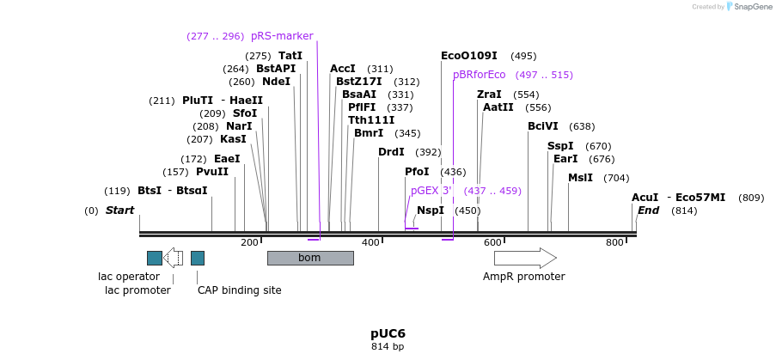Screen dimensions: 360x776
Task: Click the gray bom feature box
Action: click(x=309, y=258)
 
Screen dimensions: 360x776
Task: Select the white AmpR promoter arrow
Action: click(x=525, y=258)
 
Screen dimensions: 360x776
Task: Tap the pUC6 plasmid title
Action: click(x=388, y=333)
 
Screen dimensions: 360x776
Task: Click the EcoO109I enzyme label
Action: click(x=468, y=55)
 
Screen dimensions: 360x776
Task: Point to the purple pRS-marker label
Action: click(x=282, y=36)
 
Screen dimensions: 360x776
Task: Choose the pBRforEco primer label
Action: click(x=479, y=75)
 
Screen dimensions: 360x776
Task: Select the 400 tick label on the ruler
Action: click(x=370, y=243)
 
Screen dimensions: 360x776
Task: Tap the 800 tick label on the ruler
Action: click(x=614, y=243)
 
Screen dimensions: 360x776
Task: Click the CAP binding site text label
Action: click(x=239, y=290)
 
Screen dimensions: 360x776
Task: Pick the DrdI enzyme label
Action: click(x=391, y=152)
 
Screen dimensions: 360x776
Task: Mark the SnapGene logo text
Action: click(x=749, y=7)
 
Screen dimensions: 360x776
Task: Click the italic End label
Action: click(x=648, y=211)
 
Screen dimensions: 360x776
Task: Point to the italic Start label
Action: click(x=119, y=211)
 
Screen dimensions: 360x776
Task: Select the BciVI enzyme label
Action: click(x=543, y=126)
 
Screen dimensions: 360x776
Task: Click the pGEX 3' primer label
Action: click(x=431, y=191)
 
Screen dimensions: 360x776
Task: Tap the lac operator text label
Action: click(x=129, y=277)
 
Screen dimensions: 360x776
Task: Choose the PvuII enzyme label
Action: click(x=212, y=171)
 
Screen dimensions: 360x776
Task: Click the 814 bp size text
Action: click(x=388, y=347)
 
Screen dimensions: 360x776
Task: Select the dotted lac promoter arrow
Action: click(x=173, y=258)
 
